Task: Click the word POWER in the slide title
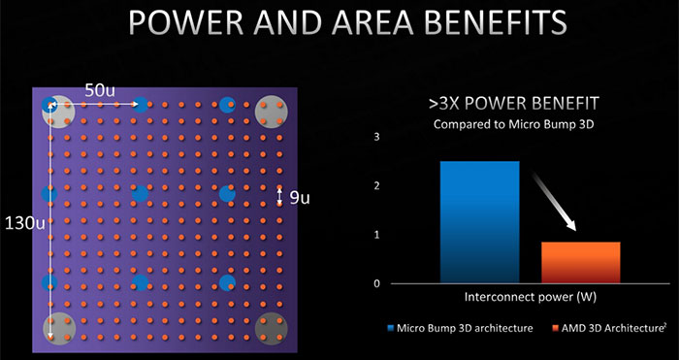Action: pos(191,27)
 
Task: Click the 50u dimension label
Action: pos(100,90)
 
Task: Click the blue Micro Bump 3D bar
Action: pos(478,222)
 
